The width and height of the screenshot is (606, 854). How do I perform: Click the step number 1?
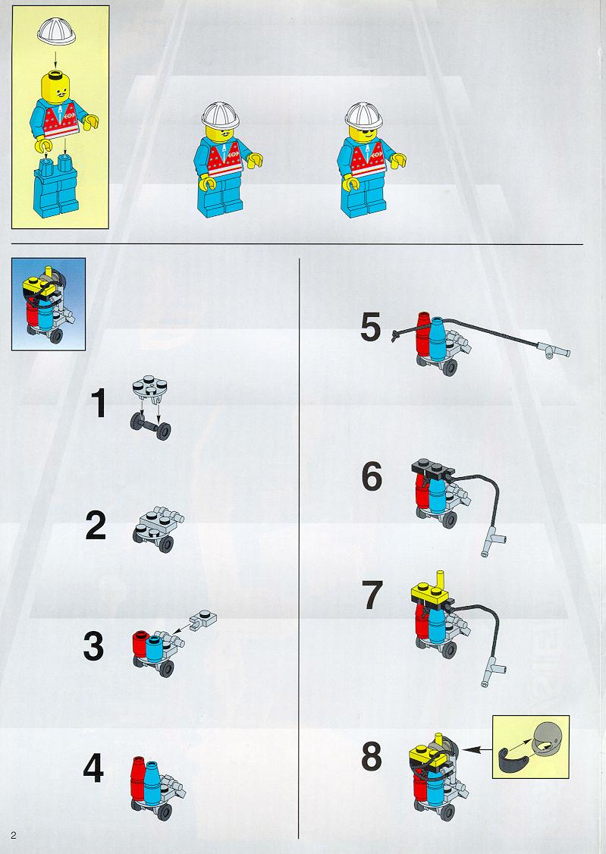click(99, 403)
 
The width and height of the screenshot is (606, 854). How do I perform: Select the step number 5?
click(371, 328)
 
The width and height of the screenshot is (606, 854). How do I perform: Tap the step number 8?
click(372, 756)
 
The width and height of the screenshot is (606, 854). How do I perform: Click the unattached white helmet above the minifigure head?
click(56, 32)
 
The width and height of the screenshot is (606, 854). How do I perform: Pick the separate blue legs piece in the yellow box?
click(56, 185)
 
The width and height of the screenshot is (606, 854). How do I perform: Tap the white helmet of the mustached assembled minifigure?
click(221, 115)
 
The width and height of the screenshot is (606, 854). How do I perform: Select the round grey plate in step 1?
click(149, 385)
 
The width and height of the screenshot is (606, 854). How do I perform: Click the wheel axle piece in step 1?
click(150, 424)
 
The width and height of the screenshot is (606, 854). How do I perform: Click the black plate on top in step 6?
click(433, 469)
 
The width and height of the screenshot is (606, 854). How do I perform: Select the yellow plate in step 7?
click(432, 592)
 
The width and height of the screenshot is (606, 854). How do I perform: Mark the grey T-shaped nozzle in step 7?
click(494, 670)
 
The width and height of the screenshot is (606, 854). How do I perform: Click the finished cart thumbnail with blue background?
click(49, 304)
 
